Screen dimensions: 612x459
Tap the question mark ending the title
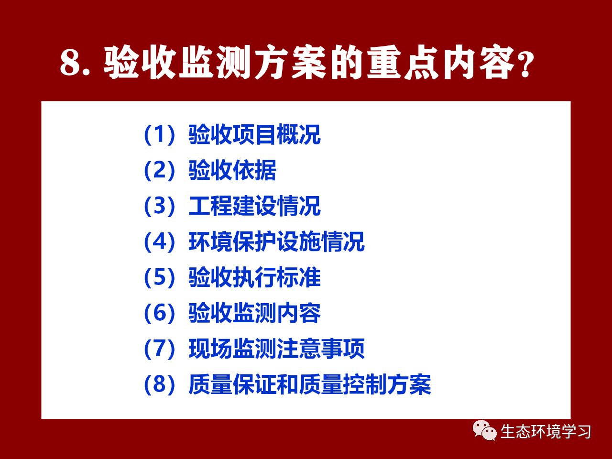[525, 64]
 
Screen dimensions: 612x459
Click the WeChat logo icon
[485, 430]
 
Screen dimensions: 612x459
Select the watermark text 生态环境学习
[546, 431]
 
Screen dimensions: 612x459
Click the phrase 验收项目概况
[254, 135]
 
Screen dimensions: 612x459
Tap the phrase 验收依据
[232, 170]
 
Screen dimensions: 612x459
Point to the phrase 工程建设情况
[254, 206]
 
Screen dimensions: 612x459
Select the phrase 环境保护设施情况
[276, 241]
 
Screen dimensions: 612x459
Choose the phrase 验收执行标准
[254, 277]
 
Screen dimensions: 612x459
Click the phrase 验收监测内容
[254, 313]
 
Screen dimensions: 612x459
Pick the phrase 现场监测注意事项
[276, 349]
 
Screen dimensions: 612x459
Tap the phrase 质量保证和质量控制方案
[310, 384]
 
